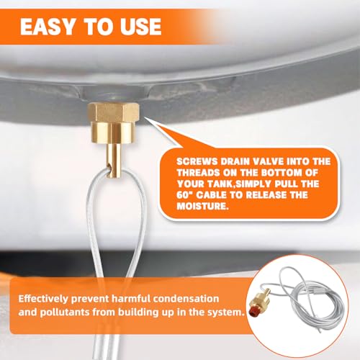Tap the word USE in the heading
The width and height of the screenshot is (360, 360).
140,27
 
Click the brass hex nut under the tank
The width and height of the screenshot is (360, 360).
114,112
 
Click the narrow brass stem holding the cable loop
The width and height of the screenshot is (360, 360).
114,159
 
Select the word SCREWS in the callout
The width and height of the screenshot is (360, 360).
197,161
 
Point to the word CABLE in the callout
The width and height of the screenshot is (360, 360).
212,194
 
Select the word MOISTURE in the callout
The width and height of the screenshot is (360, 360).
202,206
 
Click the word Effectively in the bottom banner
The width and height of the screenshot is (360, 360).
43,299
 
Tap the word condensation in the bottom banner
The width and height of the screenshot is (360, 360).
186,299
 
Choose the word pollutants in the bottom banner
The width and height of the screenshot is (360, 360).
66,312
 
